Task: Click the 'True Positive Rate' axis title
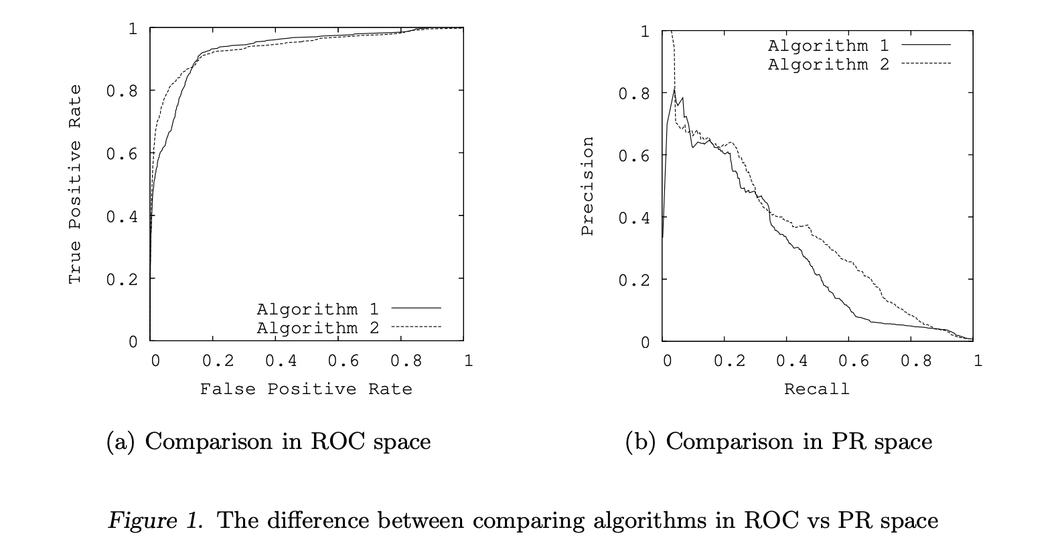pos(74,184)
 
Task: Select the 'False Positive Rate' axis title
pos(306,389)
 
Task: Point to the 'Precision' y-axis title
pos(587,186)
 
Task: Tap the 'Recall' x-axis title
pos(816,389)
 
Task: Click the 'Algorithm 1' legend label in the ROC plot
pos(317,309)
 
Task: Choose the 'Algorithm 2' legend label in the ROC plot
pos(317,328)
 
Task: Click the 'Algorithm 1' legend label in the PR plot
pos(828,45)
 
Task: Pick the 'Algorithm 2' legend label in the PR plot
pos(828,64)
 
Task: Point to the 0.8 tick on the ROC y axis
pos(121,91)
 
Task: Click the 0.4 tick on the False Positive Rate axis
pos(281,361)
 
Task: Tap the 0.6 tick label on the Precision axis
pos(633,156)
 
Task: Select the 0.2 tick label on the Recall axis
pos(729,361)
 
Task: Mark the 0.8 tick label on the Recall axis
pos(915,361)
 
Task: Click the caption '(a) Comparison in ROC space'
pos(269,442)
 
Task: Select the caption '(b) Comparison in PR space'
pos(778,442)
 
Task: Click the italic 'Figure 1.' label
pos(155,521)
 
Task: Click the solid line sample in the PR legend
pos(926,44)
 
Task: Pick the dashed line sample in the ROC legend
pos(416,327)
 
